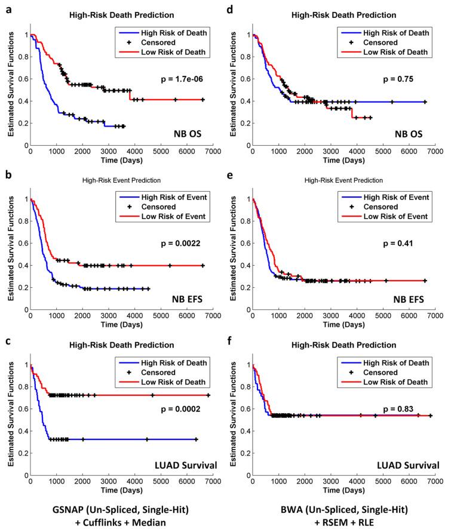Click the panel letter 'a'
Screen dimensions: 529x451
[7, 8]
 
